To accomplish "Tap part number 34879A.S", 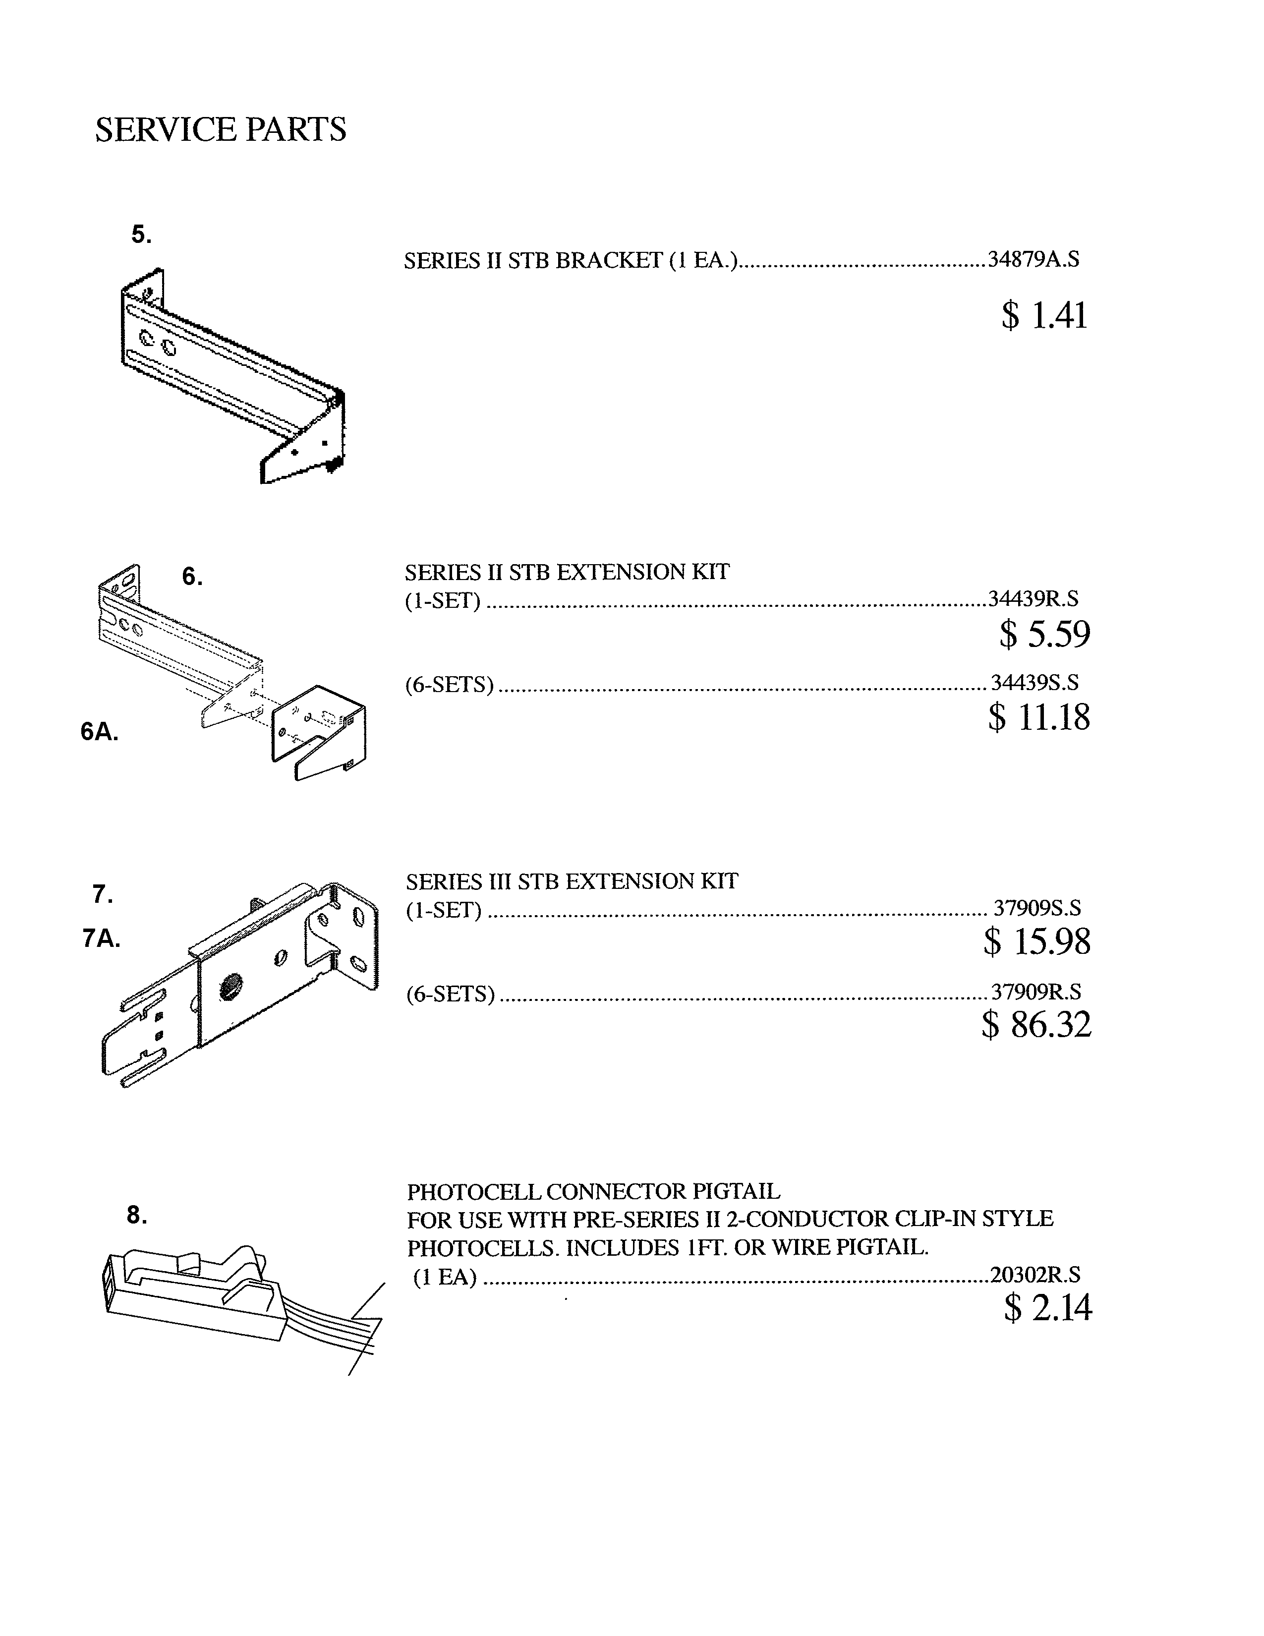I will point(1034,259).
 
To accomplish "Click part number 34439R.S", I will point(1034,598).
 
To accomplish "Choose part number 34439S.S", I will point(1035,683).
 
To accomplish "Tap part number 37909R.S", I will point(1036,992).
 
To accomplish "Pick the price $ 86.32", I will point(1036,1025).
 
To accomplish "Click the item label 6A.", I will point(100,732).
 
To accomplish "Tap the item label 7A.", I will point(101,938).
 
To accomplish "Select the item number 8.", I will point(136,1215).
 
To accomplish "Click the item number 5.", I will point(141,234).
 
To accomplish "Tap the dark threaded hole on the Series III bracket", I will point(229,989).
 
